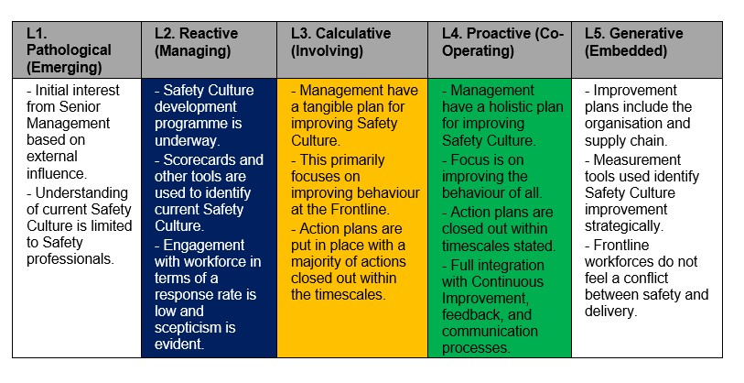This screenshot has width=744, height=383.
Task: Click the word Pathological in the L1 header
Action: point(69,49)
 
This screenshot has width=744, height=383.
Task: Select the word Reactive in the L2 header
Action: point(209,33)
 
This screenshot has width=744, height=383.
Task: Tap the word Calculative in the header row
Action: point(353,33)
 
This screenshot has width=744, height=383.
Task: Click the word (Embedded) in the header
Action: point(626,50)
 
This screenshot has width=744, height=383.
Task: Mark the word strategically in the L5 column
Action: point(623,226)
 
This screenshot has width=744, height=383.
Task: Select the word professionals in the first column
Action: point(70,259)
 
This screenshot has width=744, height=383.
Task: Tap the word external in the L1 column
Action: point(52,157)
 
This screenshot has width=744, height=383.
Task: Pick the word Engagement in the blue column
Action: point(203,246)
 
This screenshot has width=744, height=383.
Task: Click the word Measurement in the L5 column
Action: point(637,159)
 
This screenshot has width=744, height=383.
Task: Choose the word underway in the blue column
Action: point(186,141)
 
